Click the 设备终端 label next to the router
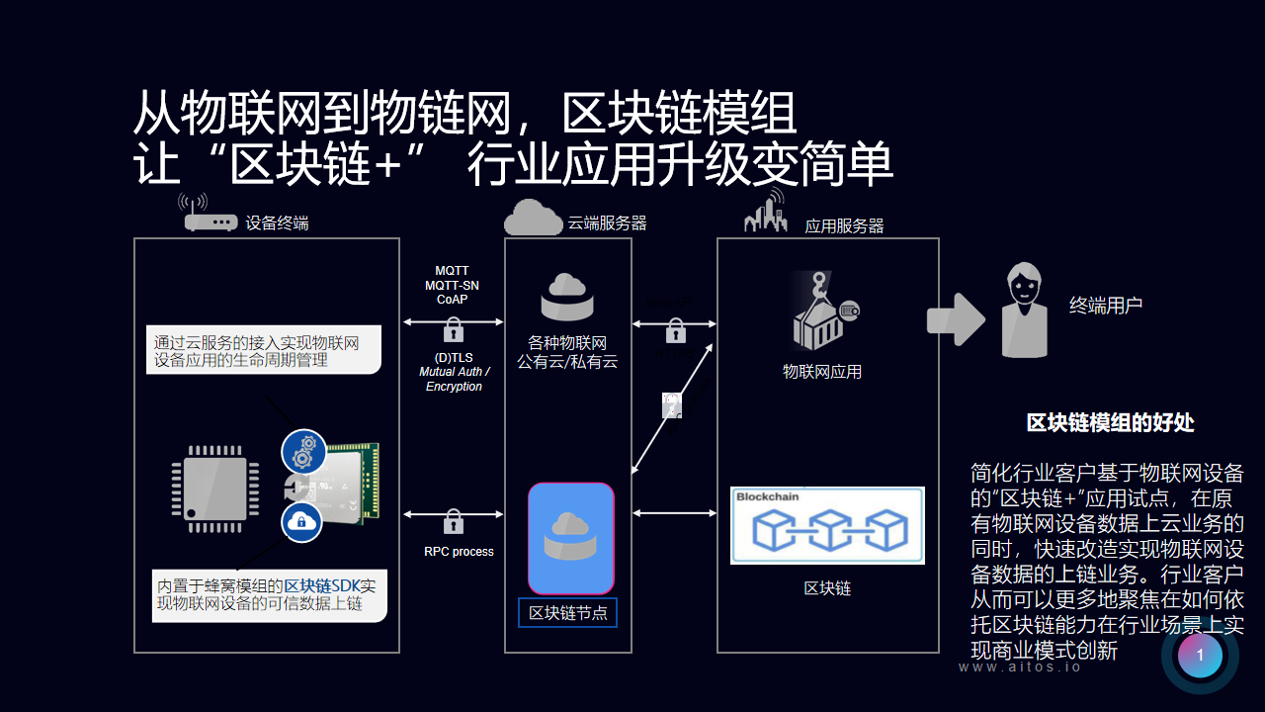[x=277, y=223]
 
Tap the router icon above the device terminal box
[x=210, y=216]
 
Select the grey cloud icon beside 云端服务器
[x=533, y=217]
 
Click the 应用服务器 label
[x=844, y=226]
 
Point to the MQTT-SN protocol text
[x=452, y=285]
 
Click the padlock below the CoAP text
[x=454, y=328]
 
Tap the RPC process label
[x=459, y=551]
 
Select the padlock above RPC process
[x=454, y=520]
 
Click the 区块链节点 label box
[x=567, y=613]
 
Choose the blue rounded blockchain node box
[x=570, y=538]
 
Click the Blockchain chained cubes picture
[x=827, y=525]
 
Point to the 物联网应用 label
[x=822, y=372]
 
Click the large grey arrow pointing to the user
[x=955, y=319]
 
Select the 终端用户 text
[x=1105, y=306]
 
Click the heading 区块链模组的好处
[x=1110, y=423]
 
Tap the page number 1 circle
[x=1200, y=655]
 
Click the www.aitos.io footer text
[x=1020, y=667]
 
